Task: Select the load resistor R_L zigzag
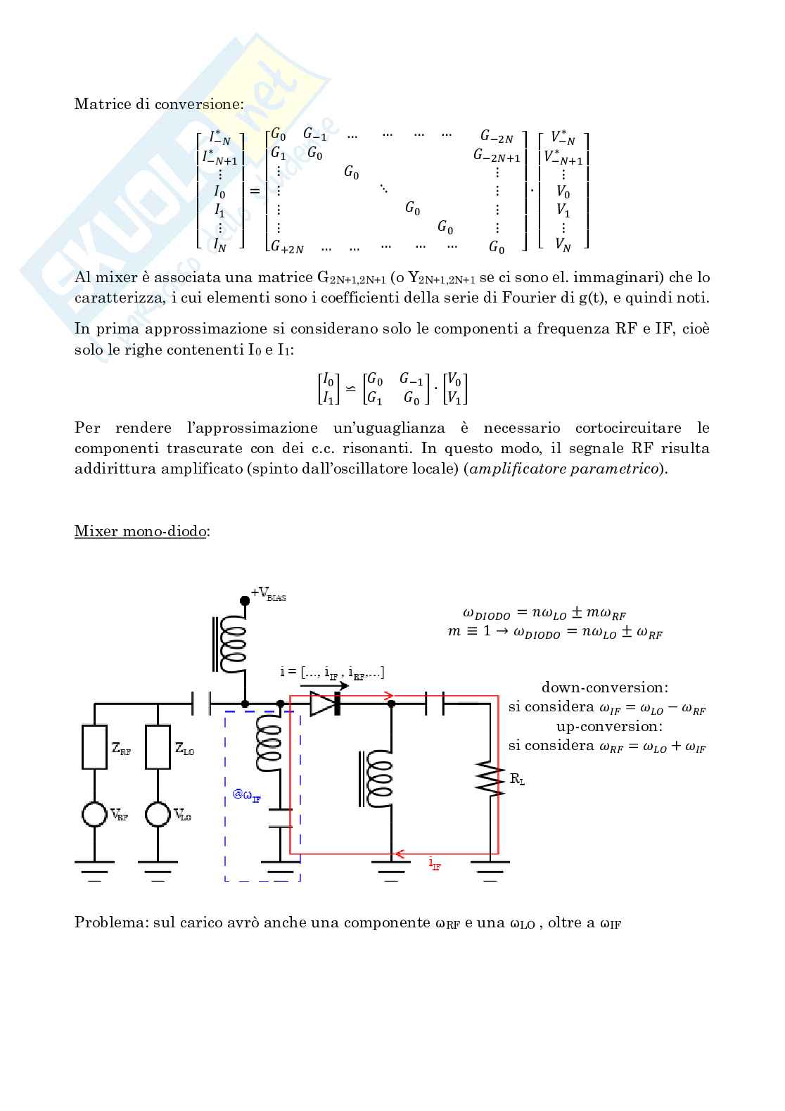pos(490,777)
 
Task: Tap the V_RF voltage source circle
pos(94,814)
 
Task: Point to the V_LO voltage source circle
pos(158,814)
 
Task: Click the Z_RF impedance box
pos(94,747)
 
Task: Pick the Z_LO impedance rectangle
pos(158,747)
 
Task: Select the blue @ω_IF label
pos(247,795)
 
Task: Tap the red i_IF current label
pos(435,863)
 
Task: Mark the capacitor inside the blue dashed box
pos(281,818)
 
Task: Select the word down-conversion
pos(605,687)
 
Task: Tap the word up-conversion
pos(609,726)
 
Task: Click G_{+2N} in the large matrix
pos(288,247)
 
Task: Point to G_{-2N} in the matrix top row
pos(497,137)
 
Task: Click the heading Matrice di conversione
pos(159,104)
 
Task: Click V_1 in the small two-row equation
pos(454,398)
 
